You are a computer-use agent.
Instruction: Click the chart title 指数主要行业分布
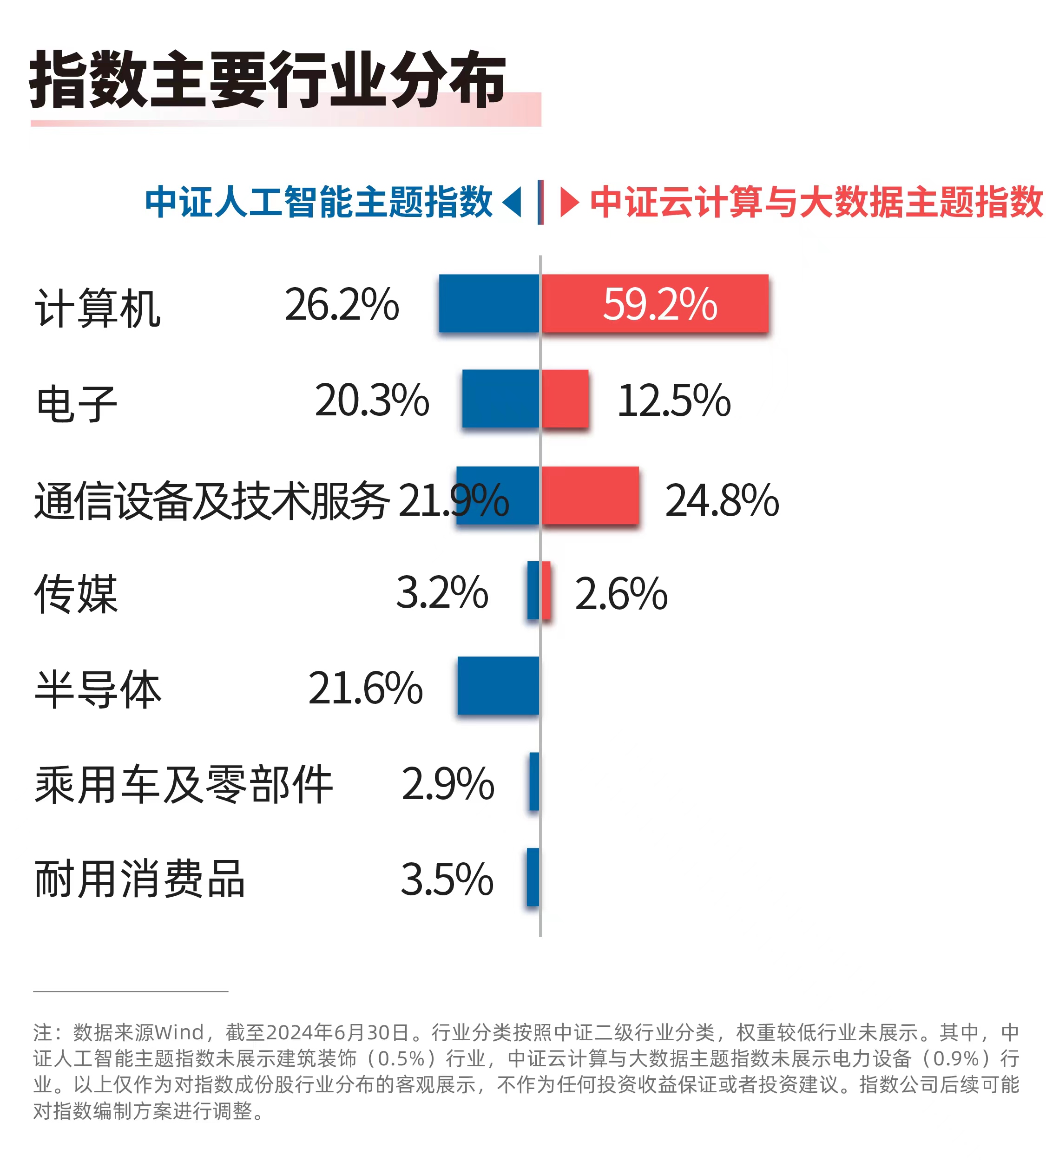coord(267,79)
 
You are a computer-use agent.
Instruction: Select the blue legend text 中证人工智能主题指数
coord(319,202)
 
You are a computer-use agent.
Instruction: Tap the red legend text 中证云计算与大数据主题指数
coord(816,202)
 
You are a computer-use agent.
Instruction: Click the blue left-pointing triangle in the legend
coord(513,202)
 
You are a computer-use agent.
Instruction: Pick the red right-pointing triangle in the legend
coord(568,202)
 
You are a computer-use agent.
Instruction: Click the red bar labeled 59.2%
coord(655,303)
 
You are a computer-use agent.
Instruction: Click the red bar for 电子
coord(565,398)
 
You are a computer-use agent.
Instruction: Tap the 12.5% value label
coord(674,400)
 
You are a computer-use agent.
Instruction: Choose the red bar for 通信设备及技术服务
coord(590,495)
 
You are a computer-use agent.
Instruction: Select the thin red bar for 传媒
coord(546,590)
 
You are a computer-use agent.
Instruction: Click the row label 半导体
coord(98,689)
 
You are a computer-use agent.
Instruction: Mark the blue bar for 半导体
coord(498,686)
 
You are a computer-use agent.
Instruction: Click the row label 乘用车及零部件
coord(184,784)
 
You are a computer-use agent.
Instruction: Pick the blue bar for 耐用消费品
coord(533,877)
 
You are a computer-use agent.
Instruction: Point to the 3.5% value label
coord(447,879)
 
